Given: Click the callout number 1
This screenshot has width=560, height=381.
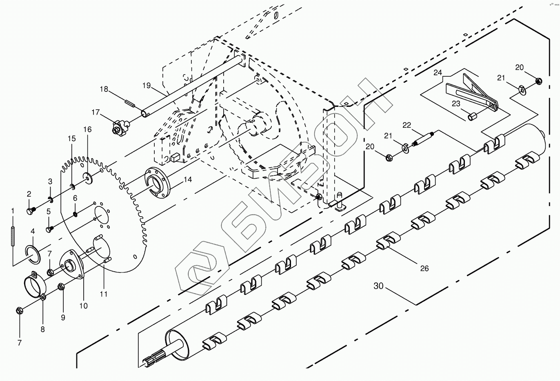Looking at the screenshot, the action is click(x=13, y=210).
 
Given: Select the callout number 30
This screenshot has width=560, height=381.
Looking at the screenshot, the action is click(x=378, y=286).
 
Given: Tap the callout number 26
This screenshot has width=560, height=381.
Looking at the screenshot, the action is click(x=424, y=268).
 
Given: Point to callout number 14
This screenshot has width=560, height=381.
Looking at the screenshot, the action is click(x=187, y=179).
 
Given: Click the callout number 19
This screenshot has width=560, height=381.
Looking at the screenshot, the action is click(x=147, y=86).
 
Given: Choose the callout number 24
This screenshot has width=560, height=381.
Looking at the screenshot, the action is click(x=438, y=73).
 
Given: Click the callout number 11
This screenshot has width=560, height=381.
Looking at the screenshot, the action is click(x=104, y=293).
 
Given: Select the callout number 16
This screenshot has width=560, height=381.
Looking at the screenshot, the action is click(x=88, y=129).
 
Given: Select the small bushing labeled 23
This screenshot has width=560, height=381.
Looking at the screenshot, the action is click(x=472, y=117).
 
